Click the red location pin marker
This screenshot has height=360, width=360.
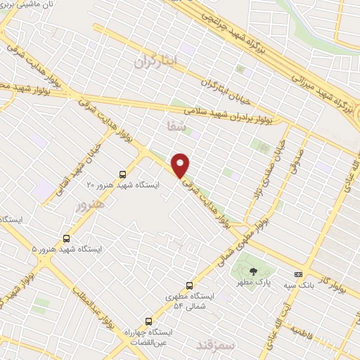pyautogui.click(x=181, y=166)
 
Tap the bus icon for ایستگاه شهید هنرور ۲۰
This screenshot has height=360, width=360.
pyautogui.click(x=123, y=174)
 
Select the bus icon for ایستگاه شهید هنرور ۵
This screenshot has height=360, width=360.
pyautogui.click(x=67, y=239)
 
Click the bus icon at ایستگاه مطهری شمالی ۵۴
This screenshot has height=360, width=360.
pyautogui.click(x=189, y=285)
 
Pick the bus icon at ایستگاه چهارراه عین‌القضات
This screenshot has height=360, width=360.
pyautogui.click(x=148, y=321)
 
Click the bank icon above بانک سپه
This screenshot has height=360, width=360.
pyautogui.click(x=298, y=274)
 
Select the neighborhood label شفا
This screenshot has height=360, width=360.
pyautogui.click(x=176, y=127)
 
